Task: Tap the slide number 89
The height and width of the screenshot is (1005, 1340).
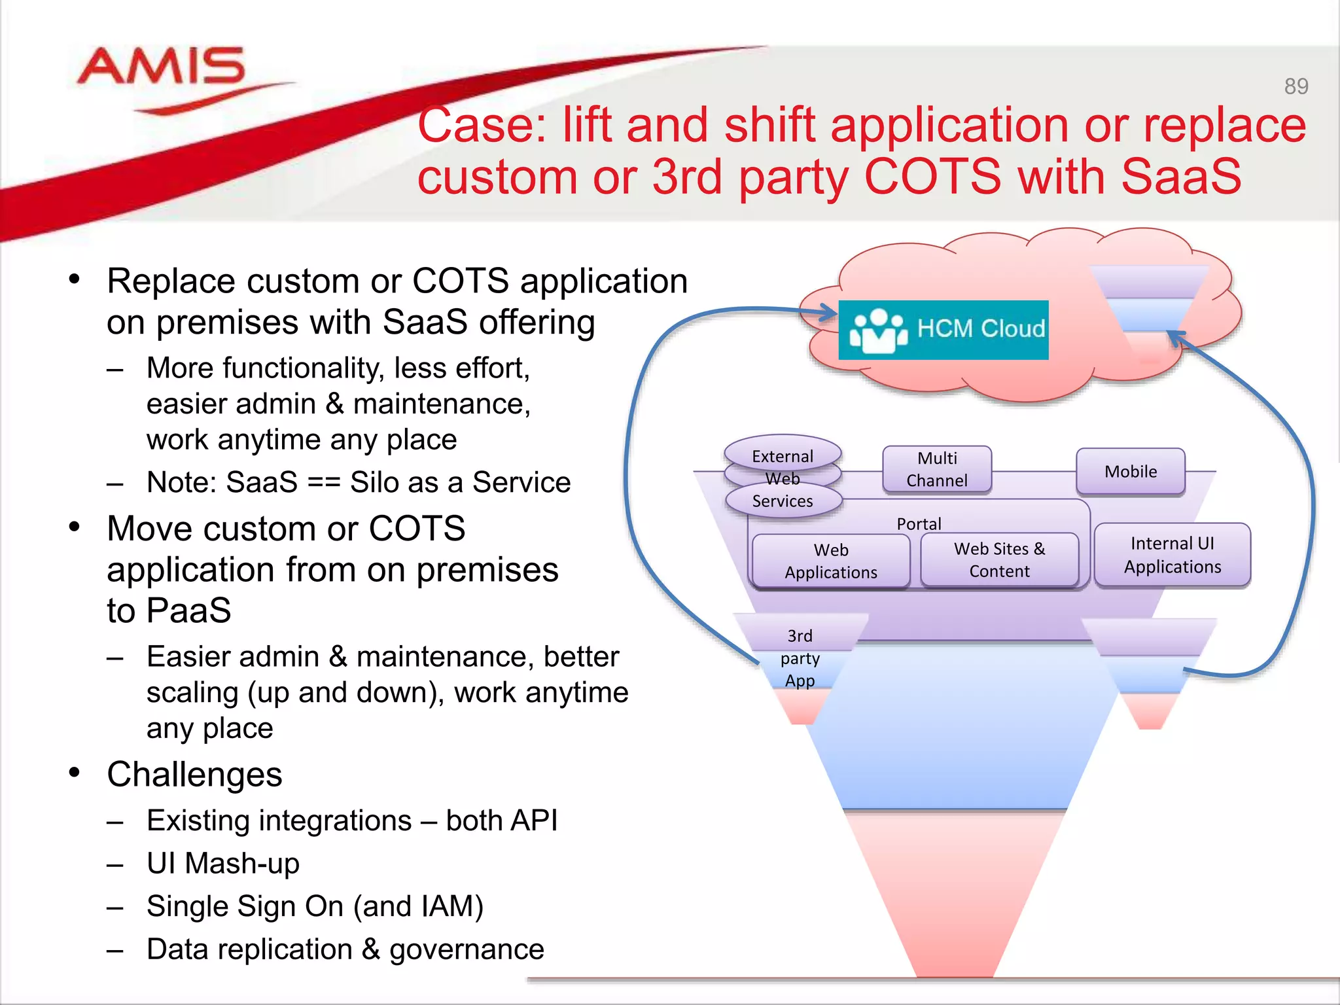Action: [1296, 86]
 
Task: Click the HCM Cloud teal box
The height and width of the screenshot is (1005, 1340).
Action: [943, 330]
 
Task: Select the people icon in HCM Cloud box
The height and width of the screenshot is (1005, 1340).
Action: [878, 330]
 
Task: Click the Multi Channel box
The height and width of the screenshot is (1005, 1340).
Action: [936, 469]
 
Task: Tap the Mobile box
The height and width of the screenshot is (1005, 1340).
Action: [1130, 471]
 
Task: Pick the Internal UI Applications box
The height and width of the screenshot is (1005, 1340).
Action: [1172, 555]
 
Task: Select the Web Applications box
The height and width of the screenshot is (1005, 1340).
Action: [830, 561]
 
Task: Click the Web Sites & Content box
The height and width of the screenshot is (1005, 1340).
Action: [998, 559]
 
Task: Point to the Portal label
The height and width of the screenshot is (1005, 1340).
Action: [919, 523]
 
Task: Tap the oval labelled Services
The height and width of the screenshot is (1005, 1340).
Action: [783, 502]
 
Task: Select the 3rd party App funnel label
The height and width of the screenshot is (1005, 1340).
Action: [800, 658]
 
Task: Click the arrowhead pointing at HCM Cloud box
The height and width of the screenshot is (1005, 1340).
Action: [827, 313]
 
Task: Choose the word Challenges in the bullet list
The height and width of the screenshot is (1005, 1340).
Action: [194, 775]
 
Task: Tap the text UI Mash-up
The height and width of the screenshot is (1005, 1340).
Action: [222, 863]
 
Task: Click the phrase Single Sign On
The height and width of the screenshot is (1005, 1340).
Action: [245, 906]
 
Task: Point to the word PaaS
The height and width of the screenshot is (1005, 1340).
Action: [188, 610]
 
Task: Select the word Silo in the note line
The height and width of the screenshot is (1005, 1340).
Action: [373, 482]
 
